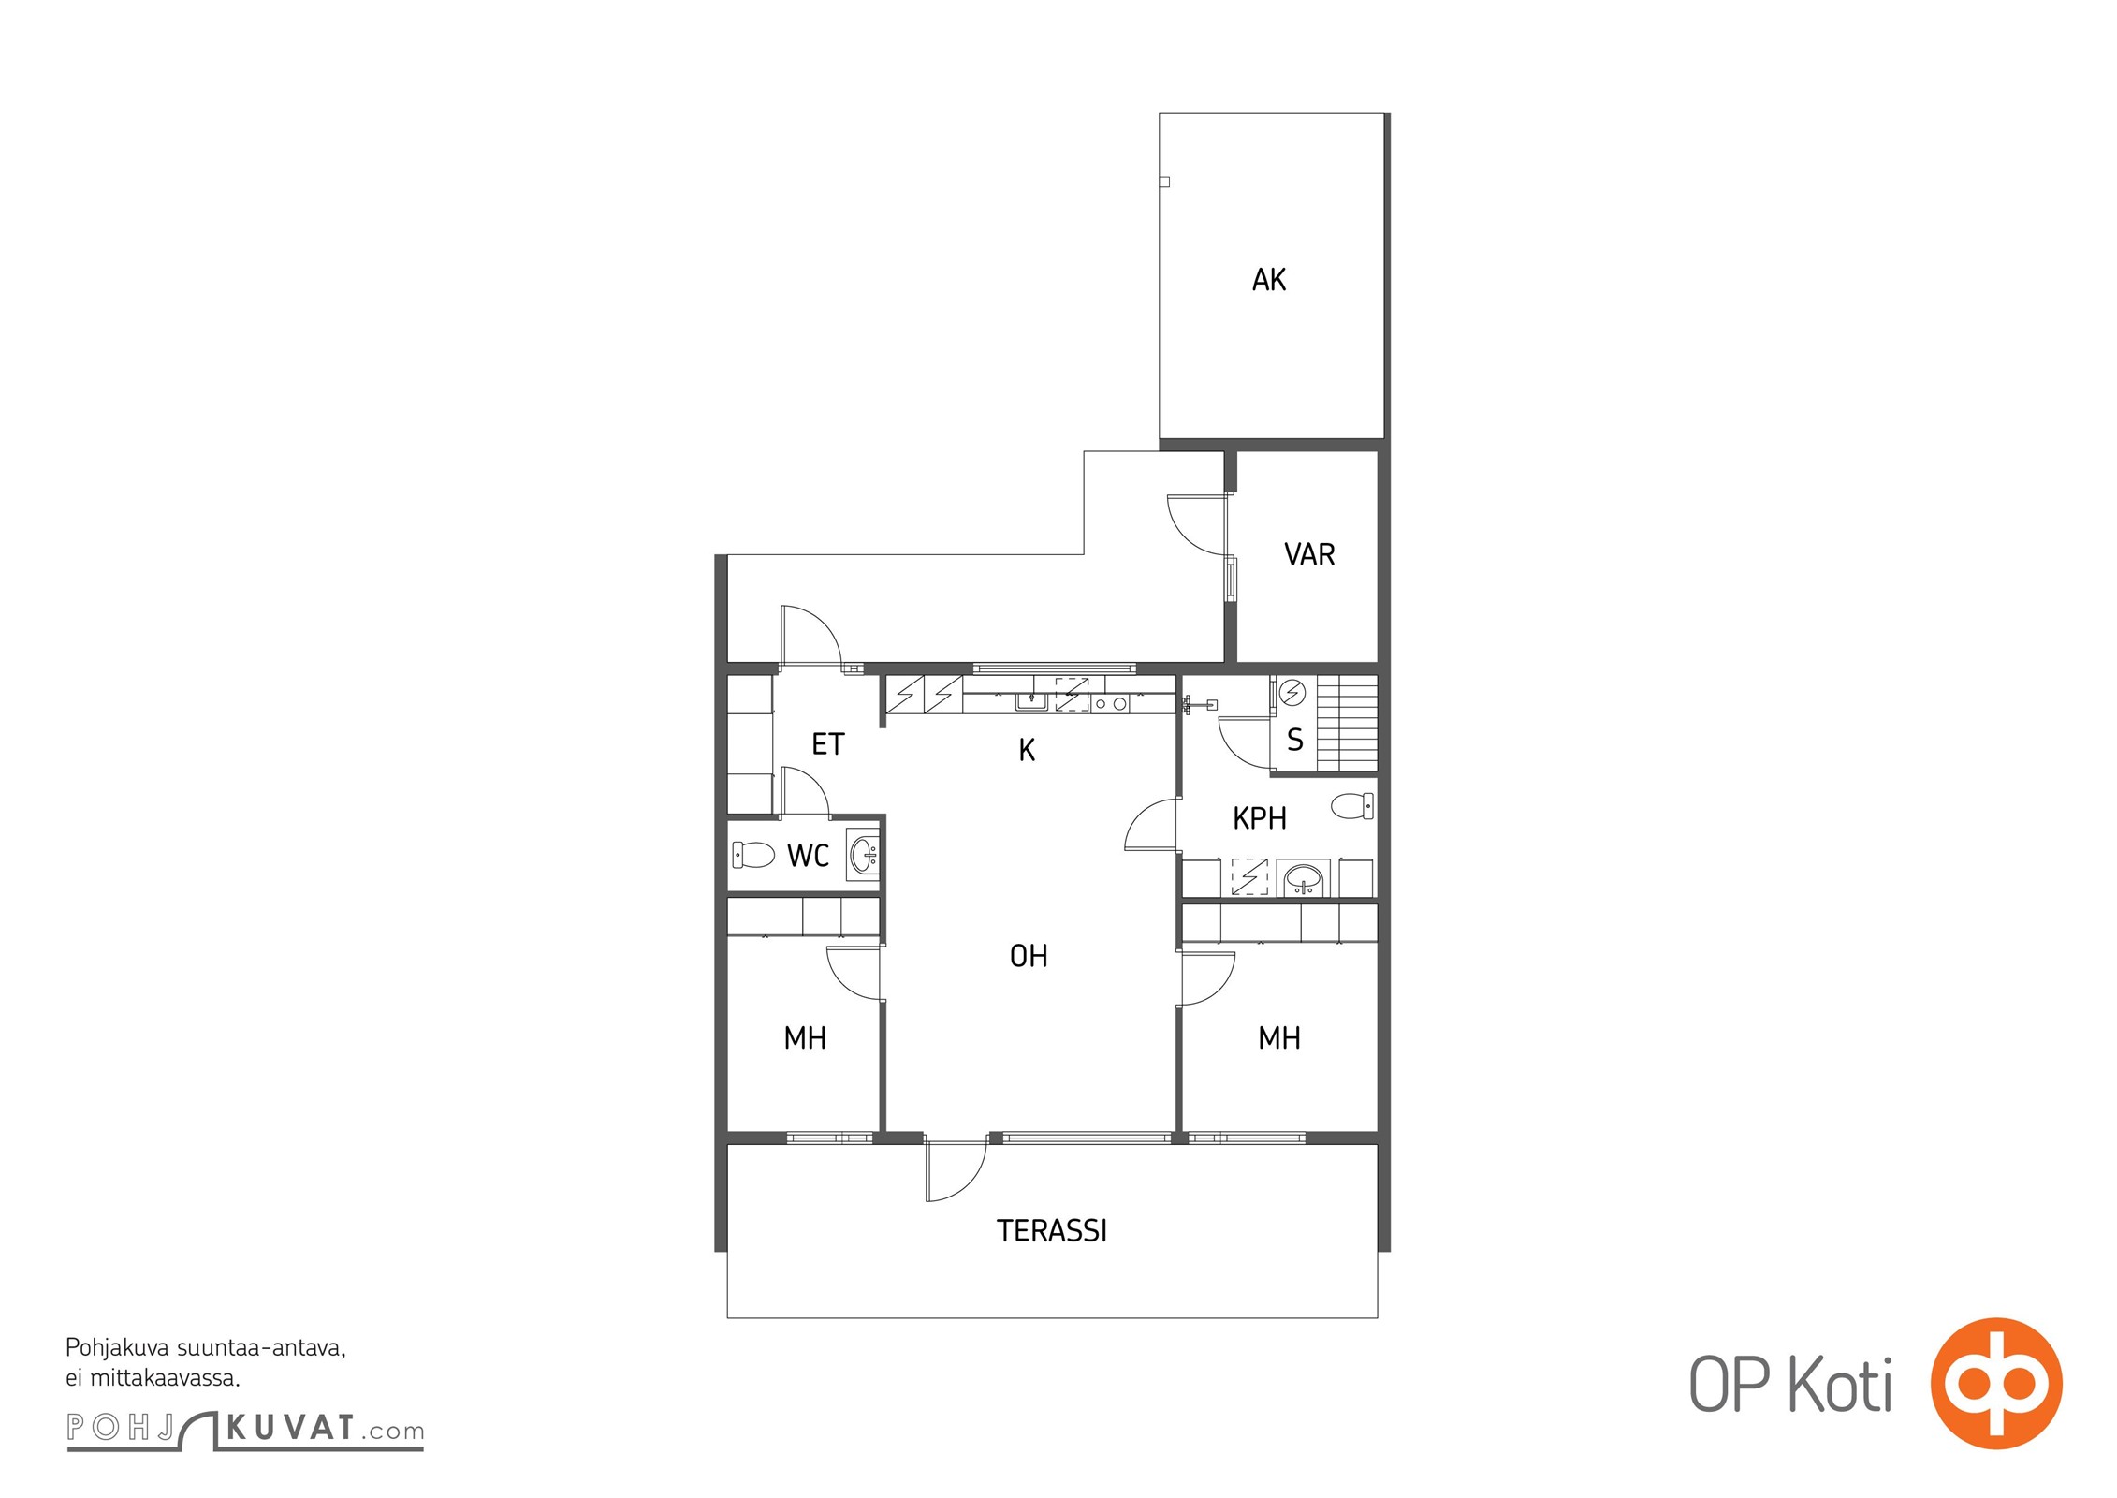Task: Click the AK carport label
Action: [1269, 279]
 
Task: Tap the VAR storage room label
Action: [1309, 554]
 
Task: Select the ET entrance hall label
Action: [828, 744]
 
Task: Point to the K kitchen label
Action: [1027, 750]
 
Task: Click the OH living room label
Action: [1029, 956]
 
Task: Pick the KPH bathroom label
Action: [1260, 818]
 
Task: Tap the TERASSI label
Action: [1052, 1230]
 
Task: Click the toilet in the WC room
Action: [753, 855]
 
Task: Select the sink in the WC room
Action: [863, 855]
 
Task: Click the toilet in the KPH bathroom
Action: [1352, 805]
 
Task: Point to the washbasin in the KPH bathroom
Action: [1304, 879]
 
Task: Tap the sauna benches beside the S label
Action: [1348, 724]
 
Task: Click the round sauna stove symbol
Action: [1292, 692]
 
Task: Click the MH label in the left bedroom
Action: [805, 1038]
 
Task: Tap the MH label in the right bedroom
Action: [1279, 1038]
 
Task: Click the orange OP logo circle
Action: [1996, 1384]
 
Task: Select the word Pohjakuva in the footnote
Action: [118, 1349]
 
